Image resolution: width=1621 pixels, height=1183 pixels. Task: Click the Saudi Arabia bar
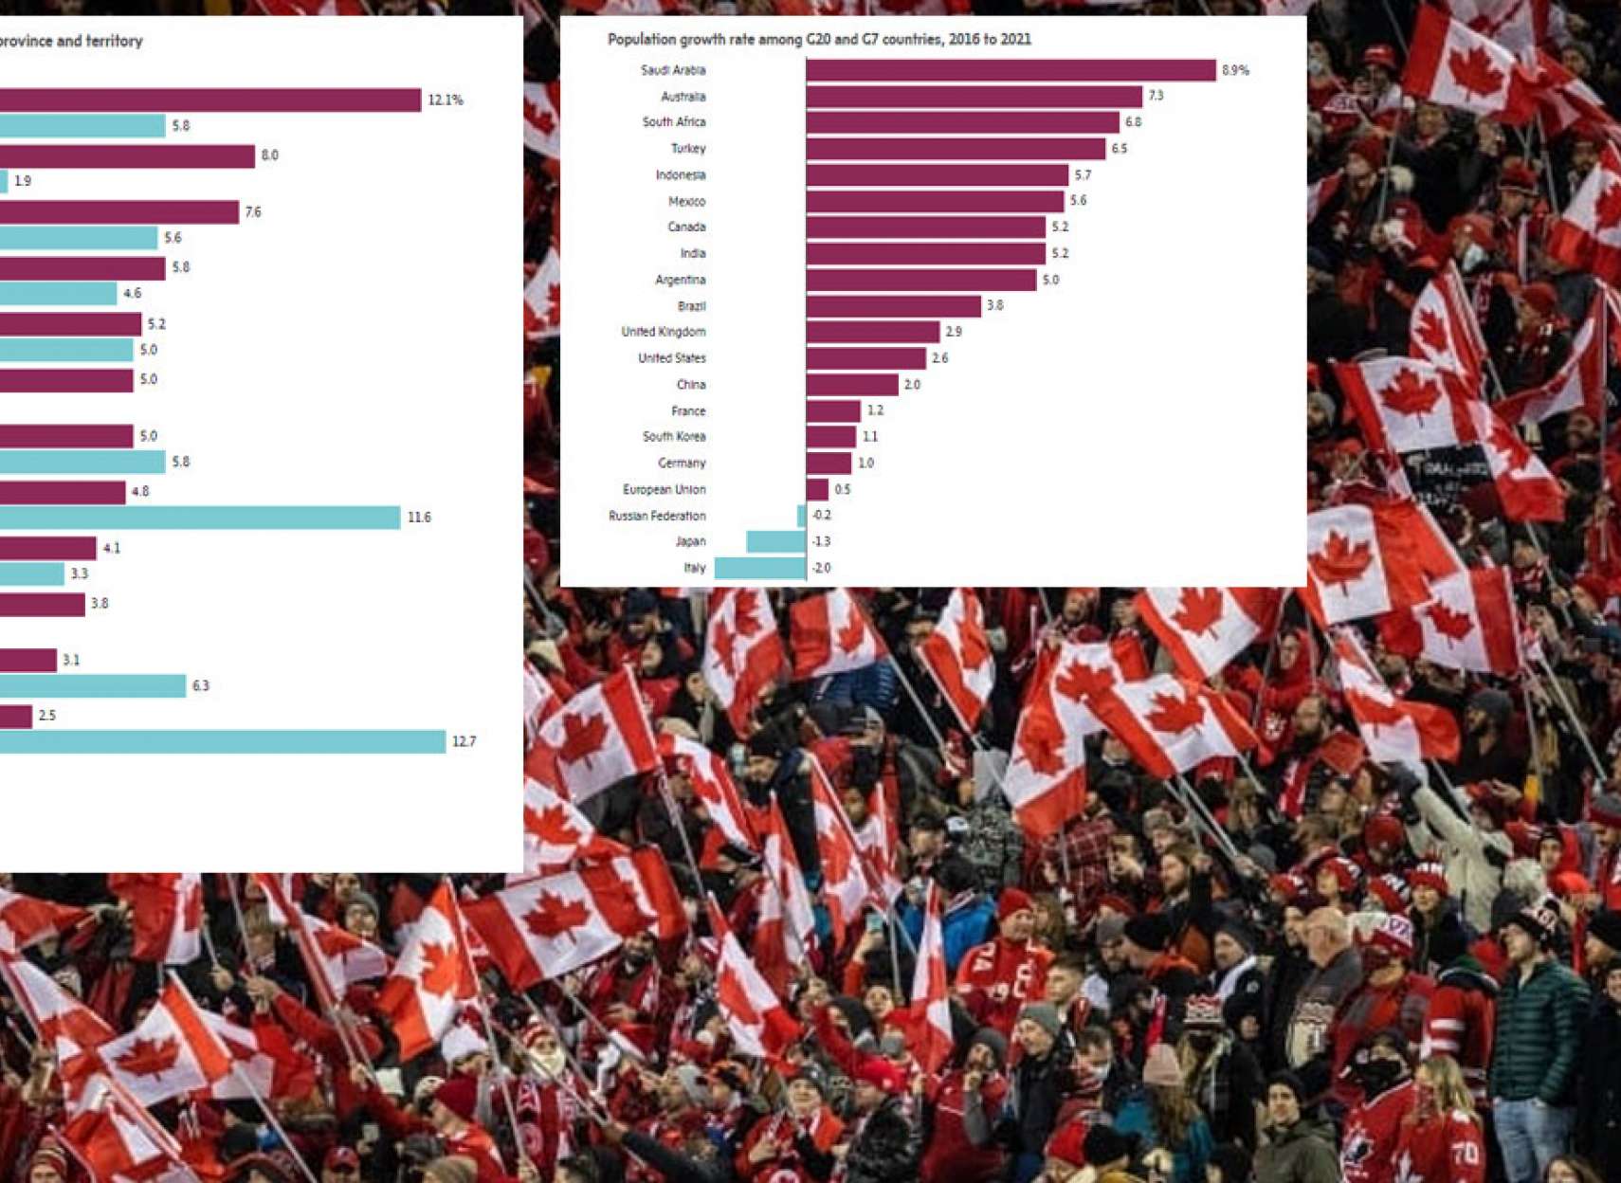pos(1011,70)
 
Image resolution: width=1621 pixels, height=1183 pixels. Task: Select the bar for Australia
pos(974,97)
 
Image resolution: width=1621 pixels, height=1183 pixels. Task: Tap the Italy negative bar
pos(760,568)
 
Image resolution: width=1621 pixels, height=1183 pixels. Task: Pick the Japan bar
pos(775,541)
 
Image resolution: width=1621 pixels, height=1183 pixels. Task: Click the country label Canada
pos(686,227)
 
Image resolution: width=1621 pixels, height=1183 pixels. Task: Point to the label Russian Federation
pos(657,516)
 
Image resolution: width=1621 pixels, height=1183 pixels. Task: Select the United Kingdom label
pos(663,332)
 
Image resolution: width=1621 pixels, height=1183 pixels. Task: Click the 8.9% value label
pos(1235,70)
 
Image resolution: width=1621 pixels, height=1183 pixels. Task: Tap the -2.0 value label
pos(821,568)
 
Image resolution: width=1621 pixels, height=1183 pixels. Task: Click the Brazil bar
pos(893,306)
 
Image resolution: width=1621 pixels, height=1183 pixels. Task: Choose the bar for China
pos(852,385)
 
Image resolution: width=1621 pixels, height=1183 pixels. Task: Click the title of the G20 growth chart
pos(819,40)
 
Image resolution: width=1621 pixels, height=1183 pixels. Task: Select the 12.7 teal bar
pos(223,741)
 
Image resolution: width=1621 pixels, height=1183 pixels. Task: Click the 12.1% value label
pos(446,100)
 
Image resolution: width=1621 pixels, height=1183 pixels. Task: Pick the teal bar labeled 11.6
pos(199,518)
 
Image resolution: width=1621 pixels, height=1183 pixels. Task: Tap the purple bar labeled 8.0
pos(127,155)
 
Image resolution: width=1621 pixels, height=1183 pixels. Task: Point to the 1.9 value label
pos(23,181)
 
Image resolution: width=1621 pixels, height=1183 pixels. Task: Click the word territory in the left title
pos(112,42)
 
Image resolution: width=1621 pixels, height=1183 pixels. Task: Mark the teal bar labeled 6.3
pos(93,686)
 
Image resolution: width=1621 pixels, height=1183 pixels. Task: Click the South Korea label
pos(674,437)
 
